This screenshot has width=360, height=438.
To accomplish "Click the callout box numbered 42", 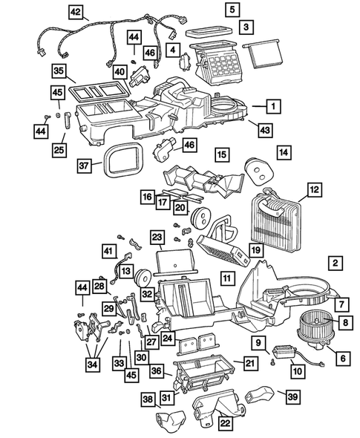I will click(76, 12).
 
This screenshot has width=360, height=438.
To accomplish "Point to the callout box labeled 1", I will click(274, 107).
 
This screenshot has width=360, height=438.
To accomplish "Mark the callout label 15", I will click(221, 155).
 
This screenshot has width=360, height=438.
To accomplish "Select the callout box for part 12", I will click(314, 192).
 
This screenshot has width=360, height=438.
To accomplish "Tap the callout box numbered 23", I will click(157, 238).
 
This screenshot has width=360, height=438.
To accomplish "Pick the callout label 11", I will click(227, 279).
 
